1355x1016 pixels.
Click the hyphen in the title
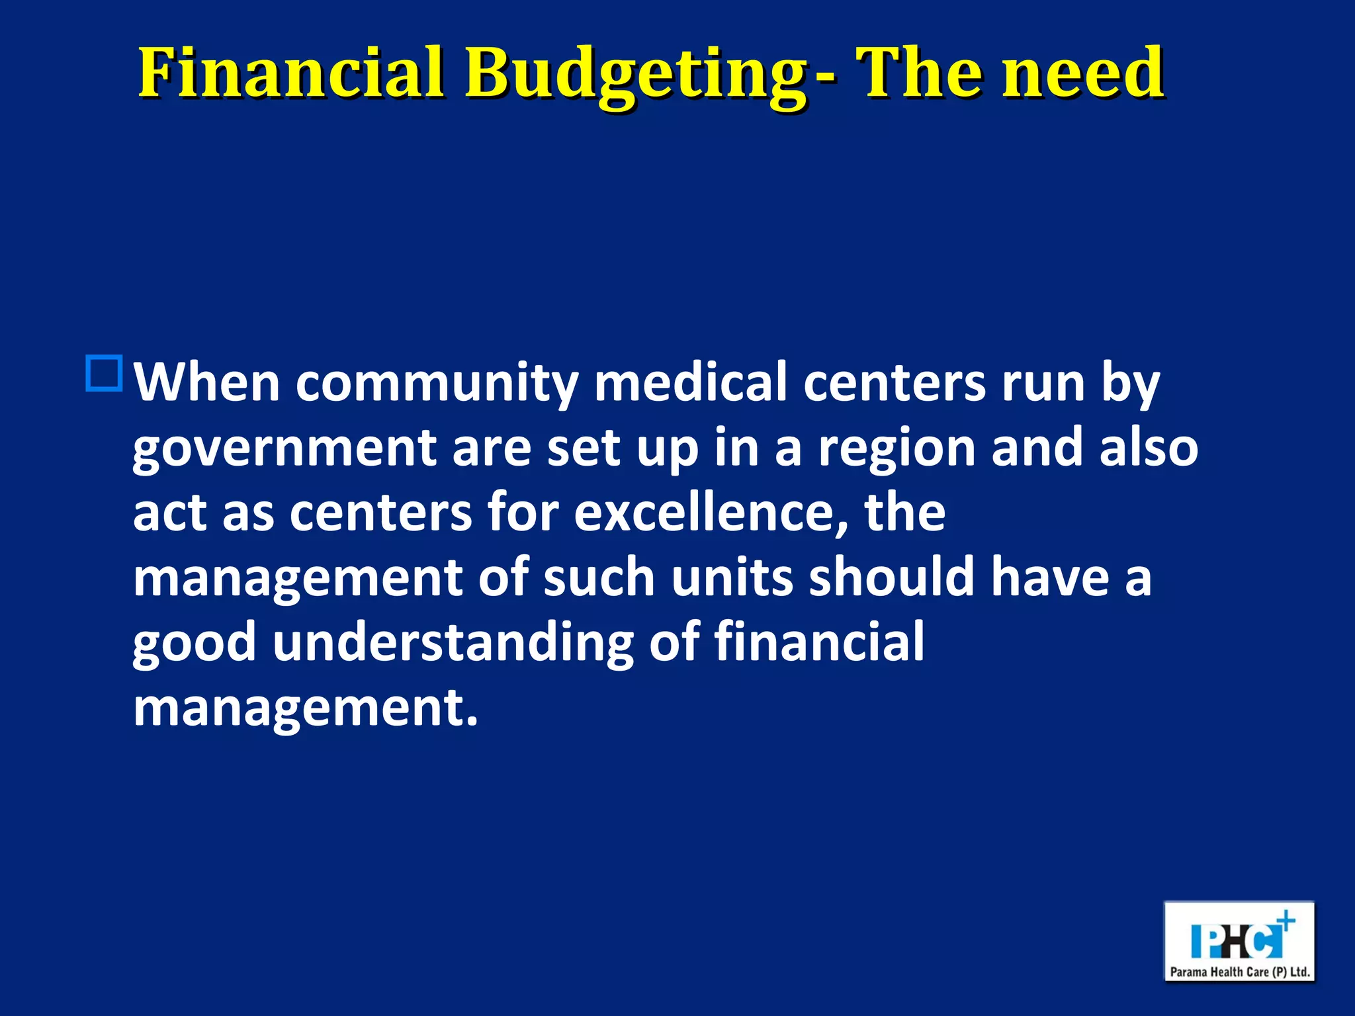pyautogui.click(x=826, y=78)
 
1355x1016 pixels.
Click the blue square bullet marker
pyautogui.click(x=104, y=374)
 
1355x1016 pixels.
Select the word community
pyautogui.click(x=437, y=384)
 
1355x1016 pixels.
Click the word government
pyautogui.click(x=284, y=448)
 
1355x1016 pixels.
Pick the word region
pyautogui.click(x=897, y=448)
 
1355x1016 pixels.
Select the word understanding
pyautogui.click(x=453, y=642)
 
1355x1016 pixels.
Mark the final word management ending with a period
pyautogui.click(x=305, y=707)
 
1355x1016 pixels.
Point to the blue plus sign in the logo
pyautogui.click(x=1286, y=921)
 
